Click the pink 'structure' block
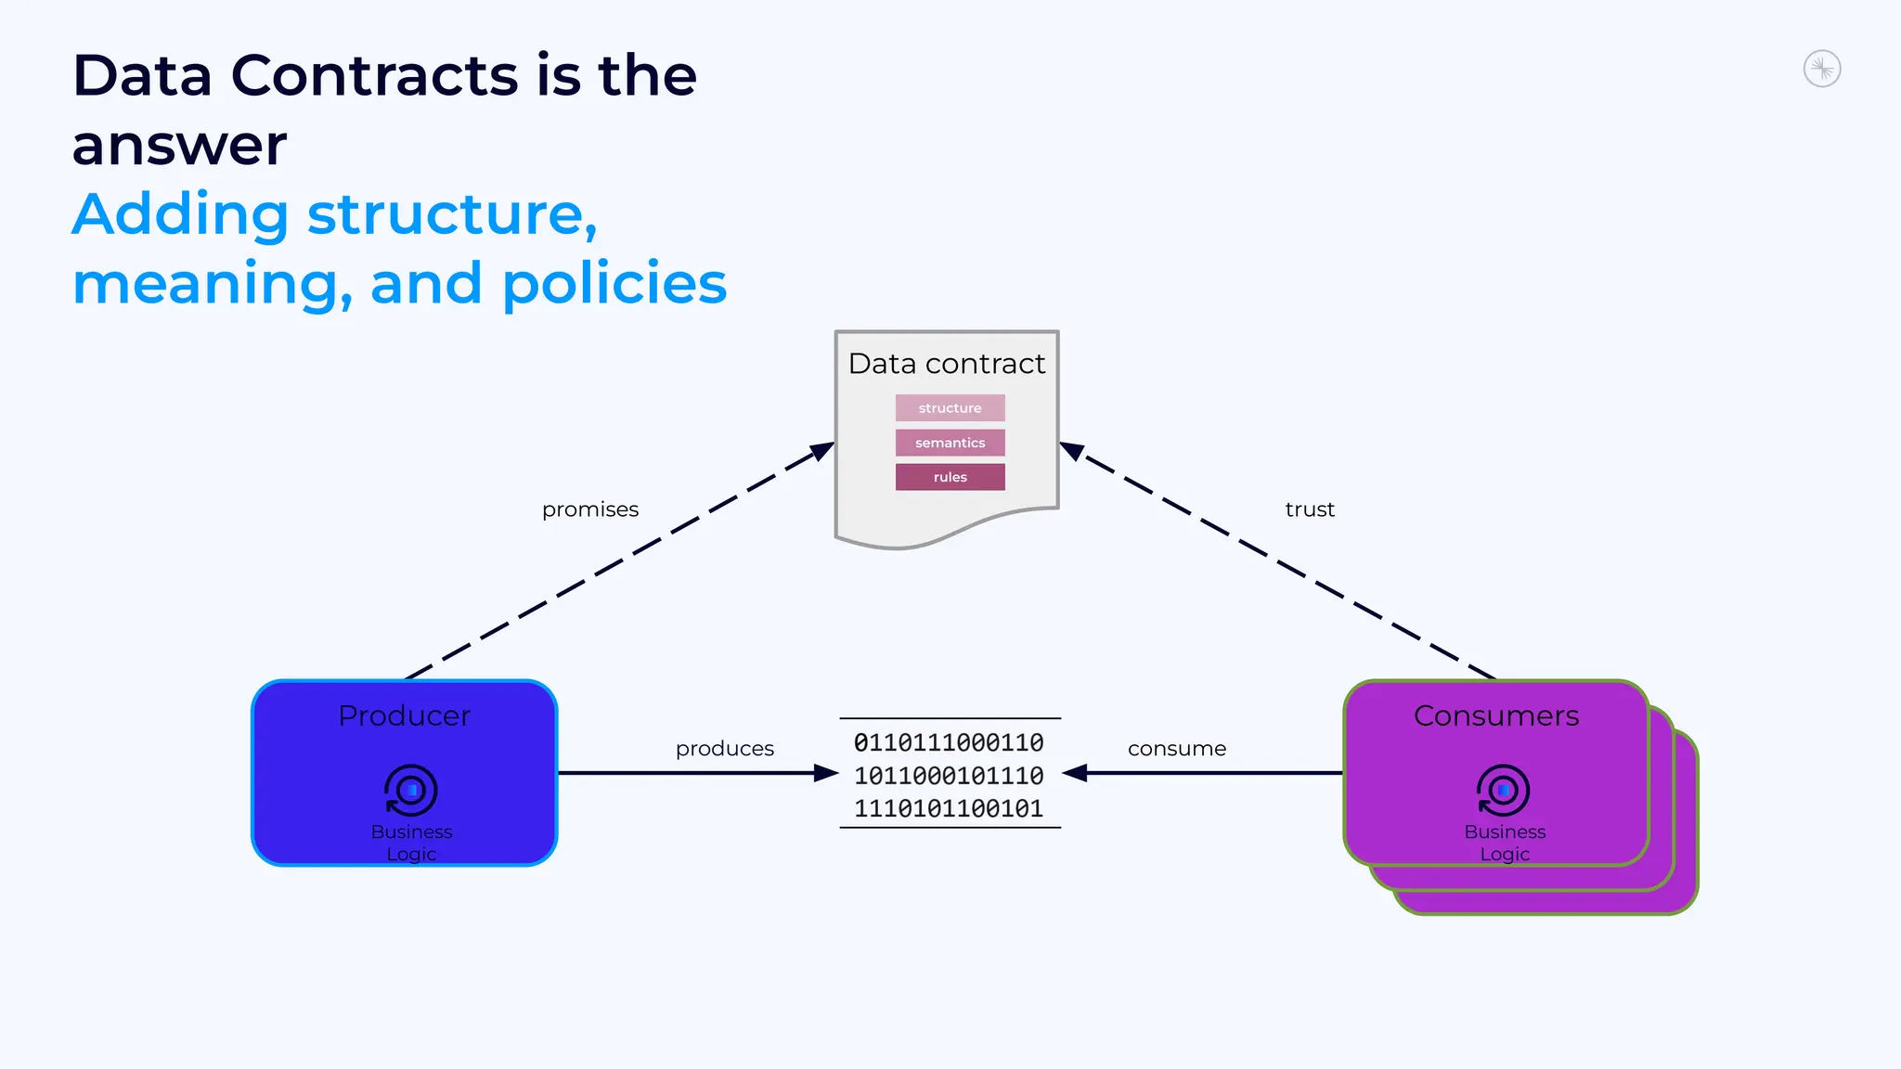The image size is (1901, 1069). (x=950, y=408)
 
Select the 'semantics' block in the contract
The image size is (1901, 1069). (x=950, y=443)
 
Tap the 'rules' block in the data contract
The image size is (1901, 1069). (x=950, y=477)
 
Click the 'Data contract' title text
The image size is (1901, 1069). (x=946, y=364)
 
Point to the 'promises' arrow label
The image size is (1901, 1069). (x=590, y=509)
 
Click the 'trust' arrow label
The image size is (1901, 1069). (x=1309, y=509)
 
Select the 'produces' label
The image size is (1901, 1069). (x=724, y=749)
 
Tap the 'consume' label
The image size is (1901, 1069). (x=1176, y=749)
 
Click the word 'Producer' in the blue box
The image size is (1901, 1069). (x=404, y=716)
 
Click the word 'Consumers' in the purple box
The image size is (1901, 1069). (x=1495, y=716)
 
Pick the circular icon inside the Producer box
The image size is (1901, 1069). (x=410, y=791)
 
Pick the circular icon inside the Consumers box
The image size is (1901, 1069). (x=1503, y=791)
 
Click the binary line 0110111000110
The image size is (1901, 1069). (x=949, y=742)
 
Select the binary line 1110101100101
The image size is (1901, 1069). (x=949, y=809)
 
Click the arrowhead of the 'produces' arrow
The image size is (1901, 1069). (x=826, y=773)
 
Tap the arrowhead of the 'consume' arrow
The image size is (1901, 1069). (x=1075, y=773)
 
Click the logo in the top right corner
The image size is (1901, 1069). (x=1821, y=70)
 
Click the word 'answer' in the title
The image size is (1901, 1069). (x=180, y=146)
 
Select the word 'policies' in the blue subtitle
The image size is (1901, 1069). (x=614, y=284)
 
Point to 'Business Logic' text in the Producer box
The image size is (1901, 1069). (x=411, y=843)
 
